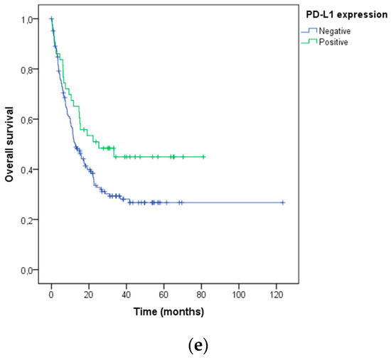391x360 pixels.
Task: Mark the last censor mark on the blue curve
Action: [x=283, y=203]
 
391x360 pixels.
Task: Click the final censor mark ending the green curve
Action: [x=204, y=157]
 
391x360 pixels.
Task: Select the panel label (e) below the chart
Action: [x=194, y=346]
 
